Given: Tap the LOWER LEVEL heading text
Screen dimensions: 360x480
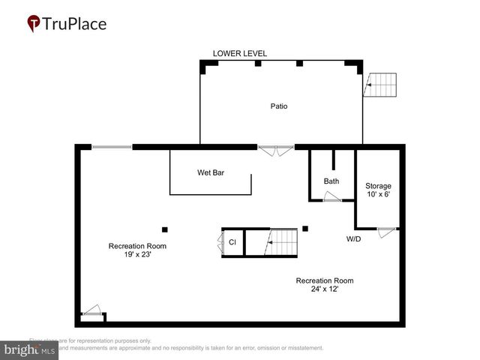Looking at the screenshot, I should (x=240, y=53).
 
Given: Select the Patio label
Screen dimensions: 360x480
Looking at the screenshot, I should (x=279, y=106).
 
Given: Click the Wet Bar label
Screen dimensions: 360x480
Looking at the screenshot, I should (x=211, y=173).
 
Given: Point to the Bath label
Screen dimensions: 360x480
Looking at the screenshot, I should (x=331, y=181).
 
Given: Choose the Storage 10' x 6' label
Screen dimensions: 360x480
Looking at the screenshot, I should (x=378, y=190).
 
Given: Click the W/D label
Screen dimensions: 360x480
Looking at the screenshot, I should (x=354, y=239).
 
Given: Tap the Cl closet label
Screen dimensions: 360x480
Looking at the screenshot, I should (x=232, y=242).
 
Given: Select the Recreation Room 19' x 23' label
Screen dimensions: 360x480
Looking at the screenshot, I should (x=137, y=250).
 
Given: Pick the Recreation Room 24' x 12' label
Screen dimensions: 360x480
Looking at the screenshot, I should (x=325, y=285).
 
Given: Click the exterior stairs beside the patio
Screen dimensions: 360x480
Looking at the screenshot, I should (x=381, y=85).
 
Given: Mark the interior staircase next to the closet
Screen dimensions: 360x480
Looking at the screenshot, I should (x=283, y=242).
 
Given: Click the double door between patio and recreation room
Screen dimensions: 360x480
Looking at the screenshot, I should (x=276, y=150).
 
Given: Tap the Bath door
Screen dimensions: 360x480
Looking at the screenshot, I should (x=331, y=197).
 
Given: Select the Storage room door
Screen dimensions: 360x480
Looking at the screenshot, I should (x=387, y=232).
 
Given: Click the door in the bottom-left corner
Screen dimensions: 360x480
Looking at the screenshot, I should (x=91, y=310).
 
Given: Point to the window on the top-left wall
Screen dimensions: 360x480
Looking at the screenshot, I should (x=112, y=147).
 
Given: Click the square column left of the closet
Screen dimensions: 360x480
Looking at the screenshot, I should (x=165, y=229).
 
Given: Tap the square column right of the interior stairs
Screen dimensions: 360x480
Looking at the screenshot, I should (x=305, y=229).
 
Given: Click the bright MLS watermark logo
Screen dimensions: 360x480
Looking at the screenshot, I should (x=30, y=350).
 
